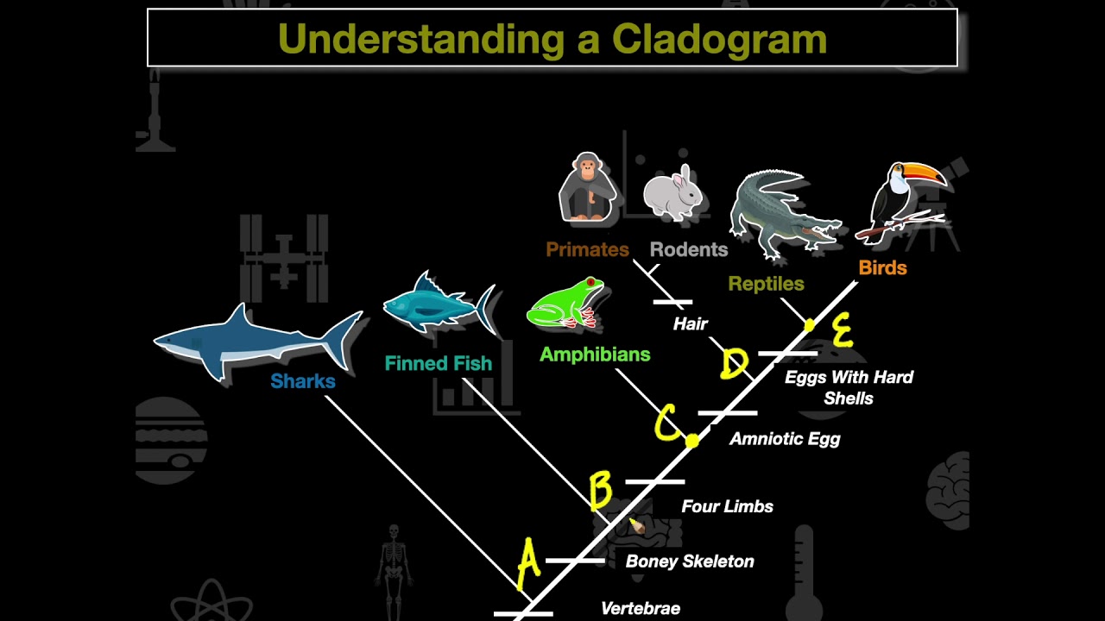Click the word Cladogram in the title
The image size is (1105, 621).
720,39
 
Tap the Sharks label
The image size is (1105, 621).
302,381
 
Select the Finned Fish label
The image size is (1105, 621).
438,363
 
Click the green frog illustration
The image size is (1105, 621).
565,304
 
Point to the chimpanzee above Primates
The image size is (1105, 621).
588,188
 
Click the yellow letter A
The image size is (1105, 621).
528,564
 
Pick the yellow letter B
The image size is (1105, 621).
601,491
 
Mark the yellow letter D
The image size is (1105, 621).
734,364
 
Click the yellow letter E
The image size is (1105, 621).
842,330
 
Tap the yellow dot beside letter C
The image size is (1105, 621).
691,442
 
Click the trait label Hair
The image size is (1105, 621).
690,323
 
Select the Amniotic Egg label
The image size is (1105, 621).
784,438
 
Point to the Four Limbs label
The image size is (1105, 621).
727,506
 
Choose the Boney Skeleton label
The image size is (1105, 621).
689,561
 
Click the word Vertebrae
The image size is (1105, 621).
640,608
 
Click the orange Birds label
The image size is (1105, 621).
882,267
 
